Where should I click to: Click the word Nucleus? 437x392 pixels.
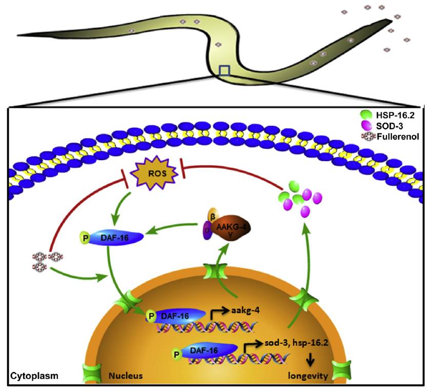pyautogui.click(x=125, y=377)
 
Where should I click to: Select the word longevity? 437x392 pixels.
pyautogui.click(x=307, y=376)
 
